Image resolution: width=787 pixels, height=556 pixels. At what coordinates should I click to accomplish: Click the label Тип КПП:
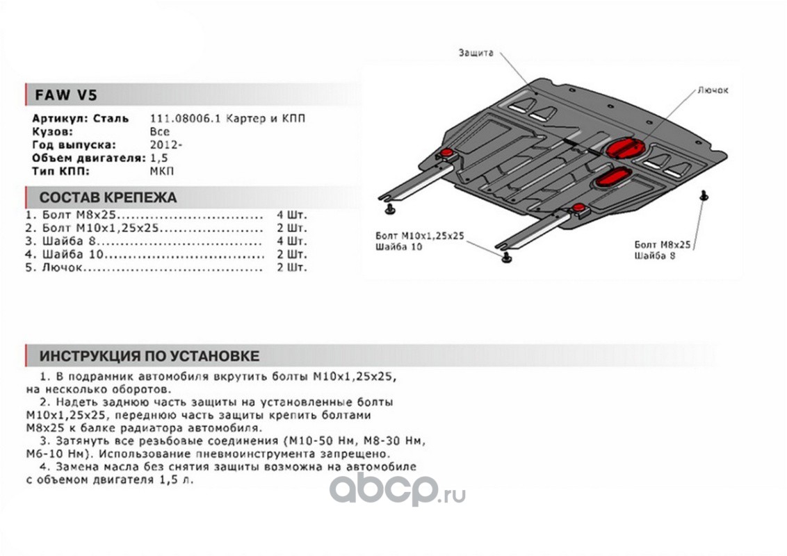62,171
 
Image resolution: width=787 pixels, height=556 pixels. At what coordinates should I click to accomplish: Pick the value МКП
163,171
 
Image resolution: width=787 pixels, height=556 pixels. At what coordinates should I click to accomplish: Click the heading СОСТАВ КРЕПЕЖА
108,197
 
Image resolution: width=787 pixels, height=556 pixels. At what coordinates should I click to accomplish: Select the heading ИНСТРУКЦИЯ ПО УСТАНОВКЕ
149,357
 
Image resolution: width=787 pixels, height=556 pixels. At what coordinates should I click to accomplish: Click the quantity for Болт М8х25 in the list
291,215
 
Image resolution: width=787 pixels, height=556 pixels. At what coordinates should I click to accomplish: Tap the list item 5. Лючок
59,267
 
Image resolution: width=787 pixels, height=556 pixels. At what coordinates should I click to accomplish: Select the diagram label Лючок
713,91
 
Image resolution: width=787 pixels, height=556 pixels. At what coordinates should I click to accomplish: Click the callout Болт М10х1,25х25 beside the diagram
419,236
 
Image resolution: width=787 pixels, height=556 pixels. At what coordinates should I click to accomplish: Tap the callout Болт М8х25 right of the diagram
663,245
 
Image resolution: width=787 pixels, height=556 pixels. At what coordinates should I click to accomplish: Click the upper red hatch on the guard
624,148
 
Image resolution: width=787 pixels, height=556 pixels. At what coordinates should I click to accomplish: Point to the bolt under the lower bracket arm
507,258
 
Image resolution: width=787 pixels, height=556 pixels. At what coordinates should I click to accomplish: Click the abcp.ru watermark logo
397,489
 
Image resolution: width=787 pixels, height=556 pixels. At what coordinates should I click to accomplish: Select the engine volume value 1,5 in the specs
159,158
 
